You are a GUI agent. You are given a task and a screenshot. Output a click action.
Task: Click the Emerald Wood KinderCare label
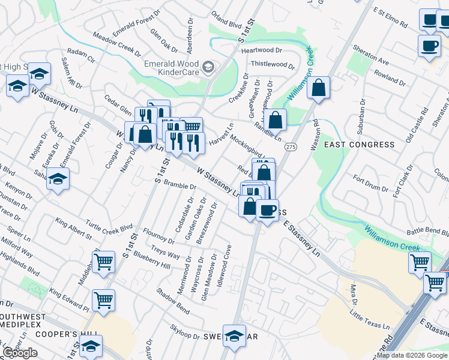[172, 68]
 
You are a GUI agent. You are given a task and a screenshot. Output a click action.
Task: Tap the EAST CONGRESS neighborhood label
[359, 145]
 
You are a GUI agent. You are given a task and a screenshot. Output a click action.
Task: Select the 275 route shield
[291, 147]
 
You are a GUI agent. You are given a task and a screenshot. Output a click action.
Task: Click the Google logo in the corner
[20, 353]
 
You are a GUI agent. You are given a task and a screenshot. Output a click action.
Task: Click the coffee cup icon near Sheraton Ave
[429, 46]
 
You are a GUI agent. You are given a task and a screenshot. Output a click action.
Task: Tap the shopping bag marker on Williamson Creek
[318, 88]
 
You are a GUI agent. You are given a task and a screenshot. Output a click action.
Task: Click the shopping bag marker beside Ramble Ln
[275, 119]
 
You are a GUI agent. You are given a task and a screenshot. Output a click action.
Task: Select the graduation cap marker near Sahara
[58, 179]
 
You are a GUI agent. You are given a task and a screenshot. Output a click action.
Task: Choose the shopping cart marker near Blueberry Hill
[103, 262]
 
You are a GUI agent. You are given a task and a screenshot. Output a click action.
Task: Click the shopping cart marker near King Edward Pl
[104, 300]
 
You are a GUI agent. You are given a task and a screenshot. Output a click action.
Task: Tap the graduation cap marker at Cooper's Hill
[91, 346]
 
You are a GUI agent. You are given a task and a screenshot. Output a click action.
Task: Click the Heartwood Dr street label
[261, 50]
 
